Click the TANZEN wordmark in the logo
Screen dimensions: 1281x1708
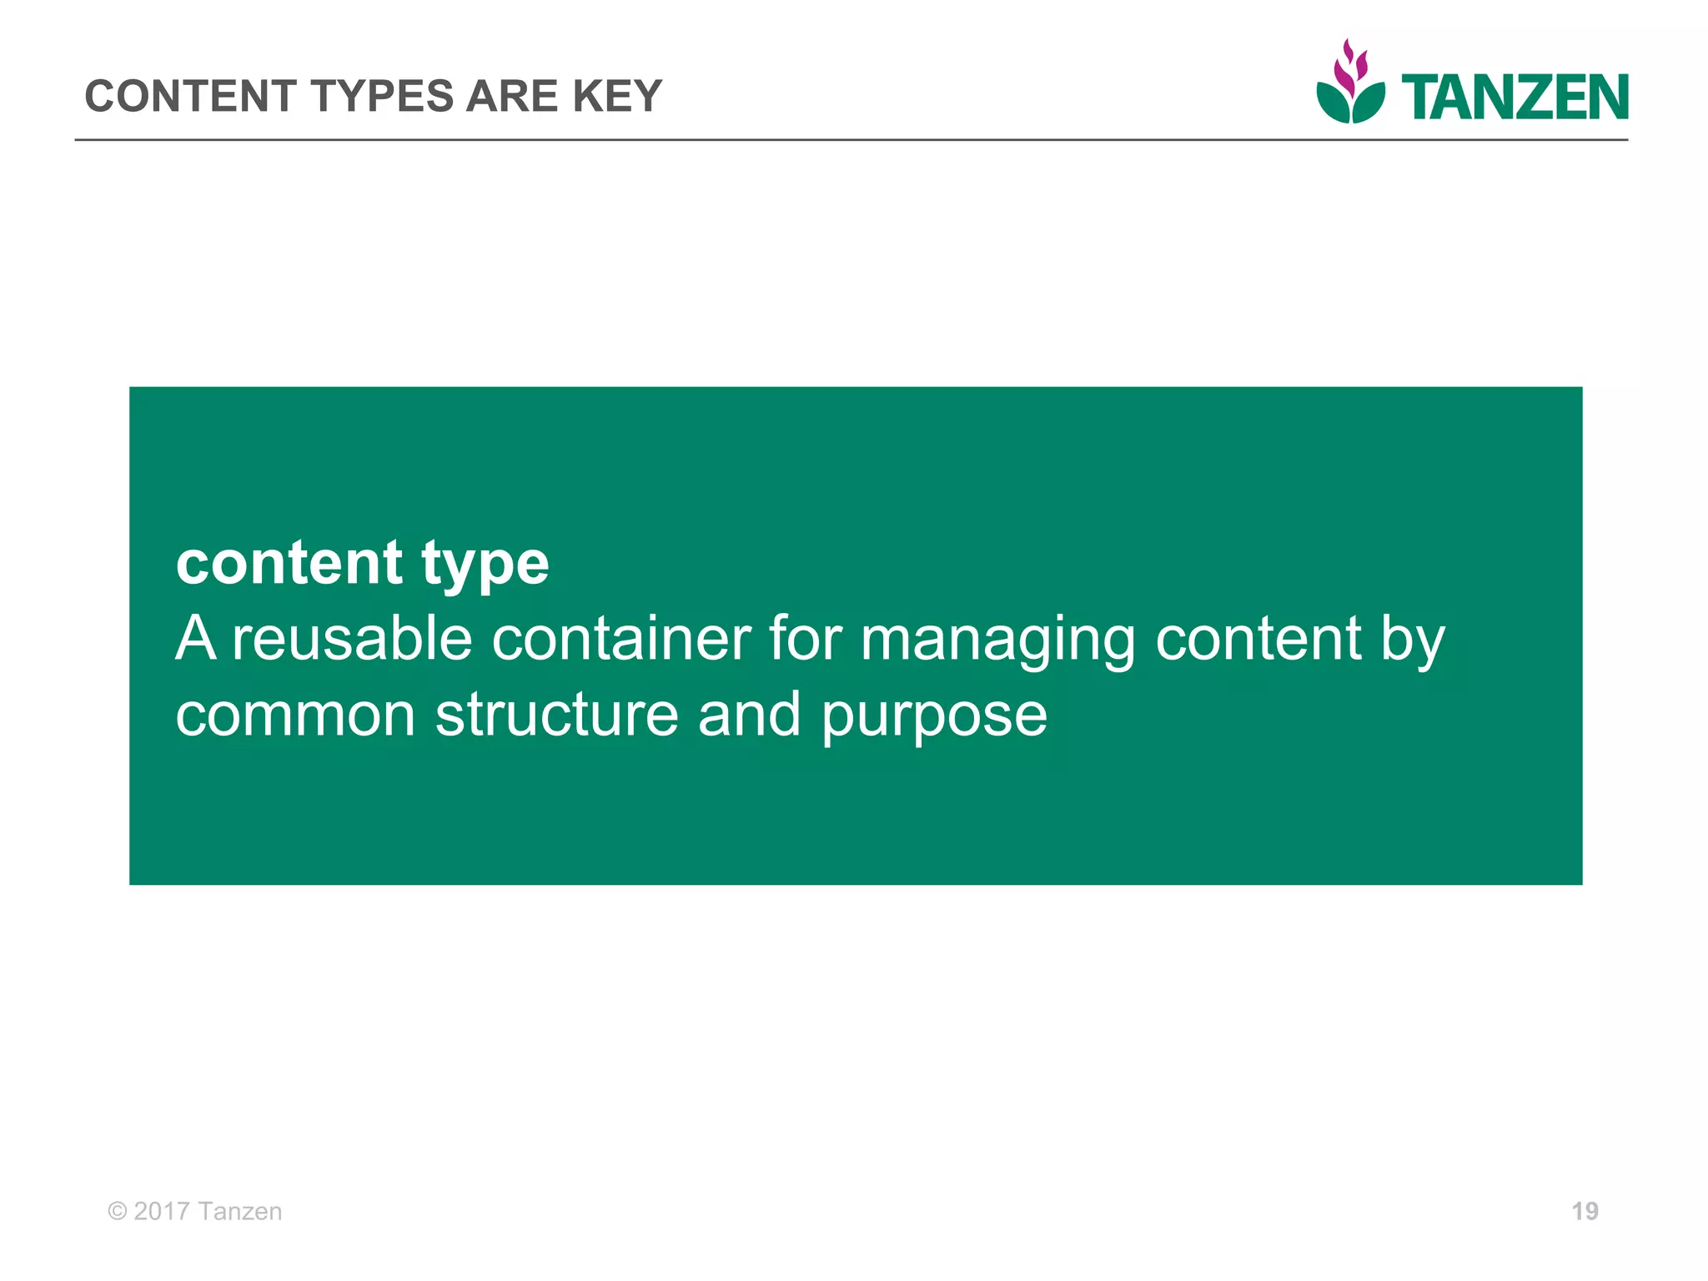[1515, 98]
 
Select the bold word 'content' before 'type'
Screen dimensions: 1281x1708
[289, 563]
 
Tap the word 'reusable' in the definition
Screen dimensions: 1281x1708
[351, 640]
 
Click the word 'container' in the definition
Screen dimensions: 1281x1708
[621, 640]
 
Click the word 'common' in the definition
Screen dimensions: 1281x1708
[295, 716]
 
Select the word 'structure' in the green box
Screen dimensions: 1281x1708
[556, 716]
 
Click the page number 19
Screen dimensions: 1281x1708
[1585, 1211]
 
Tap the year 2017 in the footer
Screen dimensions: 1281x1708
[162, 1211]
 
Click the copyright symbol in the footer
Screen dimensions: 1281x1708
[118, 1211]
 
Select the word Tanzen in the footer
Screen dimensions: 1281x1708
[241, 1211]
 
